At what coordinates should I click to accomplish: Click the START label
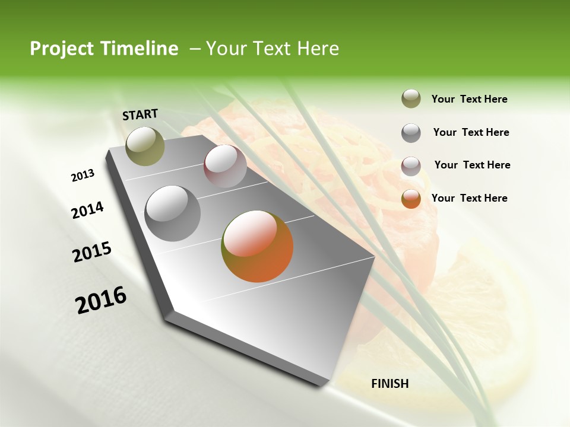(x=140, y=114)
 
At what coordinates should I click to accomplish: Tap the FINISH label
(x=389, y=384)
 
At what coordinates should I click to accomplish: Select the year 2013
(x=83, y=176)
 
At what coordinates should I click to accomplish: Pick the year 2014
(x=87, y=211)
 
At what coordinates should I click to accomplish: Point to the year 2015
(x=92, y=252)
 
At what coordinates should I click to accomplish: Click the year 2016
(x=101, y=300)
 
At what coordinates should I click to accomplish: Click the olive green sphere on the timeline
(x=145, y=146)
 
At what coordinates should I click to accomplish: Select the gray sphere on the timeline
(x=173, y=213)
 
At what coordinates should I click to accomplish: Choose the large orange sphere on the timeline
(x=257, y=246)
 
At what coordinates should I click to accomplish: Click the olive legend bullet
(x=411, y=99)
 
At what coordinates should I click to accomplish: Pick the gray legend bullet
(x=411, y=132)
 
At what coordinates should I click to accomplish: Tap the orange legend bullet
(x=411, y=198)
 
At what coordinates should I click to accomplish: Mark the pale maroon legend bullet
(x=411, y=165)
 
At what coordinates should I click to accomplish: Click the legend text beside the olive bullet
(x=469, y=99)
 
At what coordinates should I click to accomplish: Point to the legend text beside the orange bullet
(x=469, y=198)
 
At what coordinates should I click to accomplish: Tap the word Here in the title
(x=318, y=49)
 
